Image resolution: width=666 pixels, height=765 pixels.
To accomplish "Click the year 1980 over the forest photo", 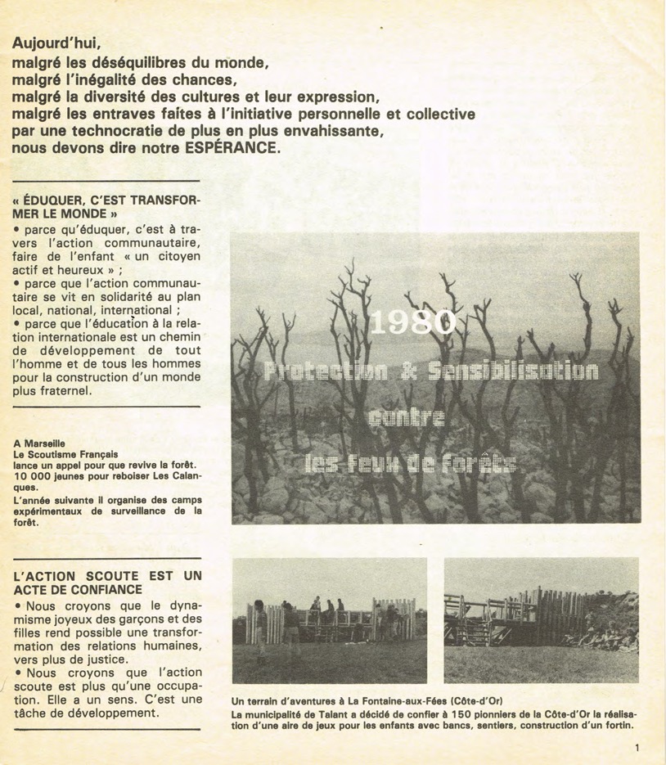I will [413, 323].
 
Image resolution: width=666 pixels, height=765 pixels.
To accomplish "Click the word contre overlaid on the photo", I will [407, 419].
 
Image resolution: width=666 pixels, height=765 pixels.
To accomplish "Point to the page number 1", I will [637, 747].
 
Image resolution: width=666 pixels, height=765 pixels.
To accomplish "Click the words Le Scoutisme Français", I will [65, 453].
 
